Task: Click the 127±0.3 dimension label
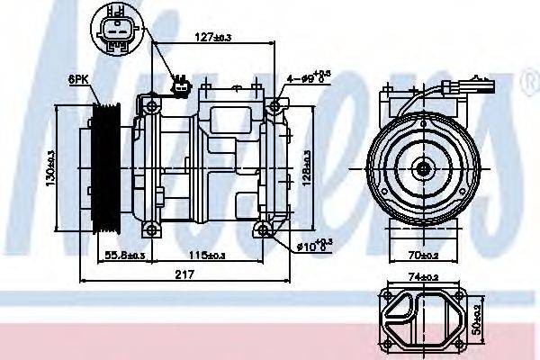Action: click(x=212, y=37)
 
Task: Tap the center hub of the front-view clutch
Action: click(x=421, y=167)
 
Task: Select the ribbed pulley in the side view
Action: click(x=109, y=167)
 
